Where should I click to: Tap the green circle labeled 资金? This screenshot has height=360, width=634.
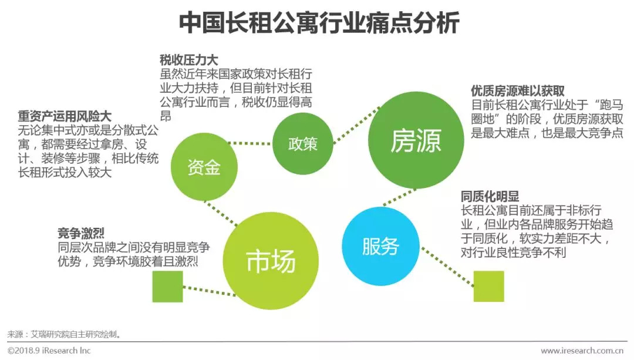click(x=204, y=167)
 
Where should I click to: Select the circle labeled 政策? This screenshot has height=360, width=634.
click(x=303, y=144)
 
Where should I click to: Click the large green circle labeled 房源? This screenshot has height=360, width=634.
click(x=415, y=143)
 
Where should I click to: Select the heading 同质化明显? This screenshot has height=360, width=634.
click(x=490, y=197)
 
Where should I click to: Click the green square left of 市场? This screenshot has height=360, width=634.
click(x=167, y=287)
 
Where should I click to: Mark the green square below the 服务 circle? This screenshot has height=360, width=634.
click(x=489, y=286)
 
